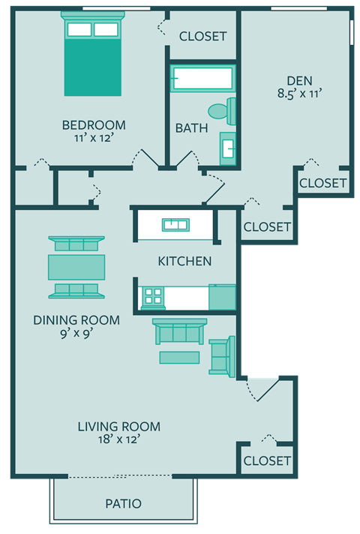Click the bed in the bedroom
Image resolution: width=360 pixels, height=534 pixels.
[92, 58]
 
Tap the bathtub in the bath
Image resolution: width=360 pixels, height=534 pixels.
[202, 78]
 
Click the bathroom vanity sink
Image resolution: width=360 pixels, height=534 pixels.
[228, 147]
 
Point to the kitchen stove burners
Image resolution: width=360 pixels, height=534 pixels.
[153, 297]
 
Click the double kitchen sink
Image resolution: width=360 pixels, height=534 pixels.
[178, 223]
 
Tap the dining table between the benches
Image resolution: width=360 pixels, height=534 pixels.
[76, 266]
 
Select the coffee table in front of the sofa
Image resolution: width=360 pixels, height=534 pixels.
[179, 357]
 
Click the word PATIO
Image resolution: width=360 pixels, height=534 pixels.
[123, 503]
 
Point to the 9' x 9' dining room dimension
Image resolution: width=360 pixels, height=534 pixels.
[76, 334]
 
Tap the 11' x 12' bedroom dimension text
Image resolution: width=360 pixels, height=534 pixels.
[94, 138]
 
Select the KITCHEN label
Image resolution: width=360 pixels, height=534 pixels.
[184, 262]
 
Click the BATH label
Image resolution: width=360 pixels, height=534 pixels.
[192, 128]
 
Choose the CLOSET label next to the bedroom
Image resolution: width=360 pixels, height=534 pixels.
[202, 36]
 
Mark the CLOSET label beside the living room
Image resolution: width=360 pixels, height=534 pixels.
[267, 460]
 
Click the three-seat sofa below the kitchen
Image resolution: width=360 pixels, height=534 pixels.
[179, 331]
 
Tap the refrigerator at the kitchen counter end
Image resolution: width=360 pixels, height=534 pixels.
[223, 297]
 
